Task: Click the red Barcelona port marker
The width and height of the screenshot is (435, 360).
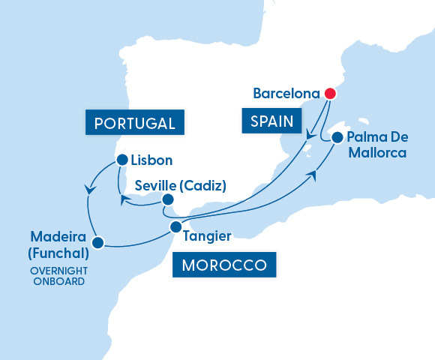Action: click(329, 94)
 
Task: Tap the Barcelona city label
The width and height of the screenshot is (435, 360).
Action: click(286, 94)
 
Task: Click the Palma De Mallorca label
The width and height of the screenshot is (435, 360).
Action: click(377, 145)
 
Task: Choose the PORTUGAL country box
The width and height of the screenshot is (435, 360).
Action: click(136, 123)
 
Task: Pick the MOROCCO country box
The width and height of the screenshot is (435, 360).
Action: click(223, 265)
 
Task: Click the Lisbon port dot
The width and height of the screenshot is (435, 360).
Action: click(122, 159)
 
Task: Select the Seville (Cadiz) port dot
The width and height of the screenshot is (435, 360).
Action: click(168, 199)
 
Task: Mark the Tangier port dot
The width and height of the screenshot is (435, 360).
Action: click(175, 226)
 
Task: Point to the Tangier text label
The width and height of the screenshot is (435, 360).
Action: click(206, 235)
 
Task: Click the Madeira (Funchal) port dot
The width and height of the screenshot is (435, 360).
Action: click(97, 241)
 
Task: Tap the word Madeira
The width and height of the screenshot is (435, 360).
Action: click(56, 238)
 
